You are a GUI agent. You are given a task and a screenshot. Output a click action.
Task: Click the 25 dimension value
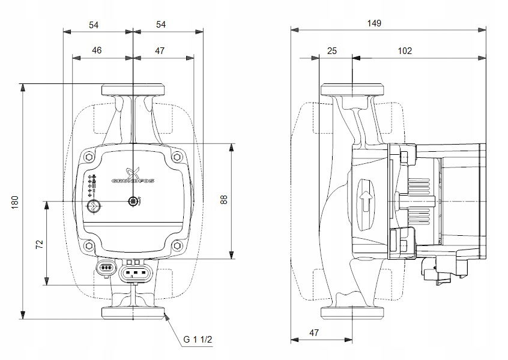[x=332, y=51]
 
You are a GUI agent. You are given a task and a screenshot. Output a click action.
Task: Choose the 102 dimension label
[x=405, y=51]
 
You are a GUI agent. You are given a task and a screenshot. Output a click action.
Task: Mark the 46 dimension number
[x=97, y=51]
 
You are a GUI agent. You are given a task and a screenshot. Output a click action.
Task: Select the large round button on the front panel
[x=93, y=207]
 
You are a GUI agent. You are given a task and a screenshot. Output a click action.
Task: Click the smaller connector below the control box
[x=106, y=267]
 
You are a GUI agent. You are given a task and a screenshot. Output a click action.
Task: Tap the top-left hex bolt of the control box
[x=89, y=157]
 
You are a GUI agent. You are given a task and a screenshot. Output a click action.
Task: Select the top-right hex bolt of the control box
[x=177, y=157]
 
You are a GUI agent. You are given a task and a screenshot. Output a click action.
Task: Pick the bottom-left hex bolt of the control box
[x=89, y=246]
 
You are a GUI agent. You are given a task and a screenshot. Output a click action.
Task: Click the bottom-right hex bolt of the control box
[x=177, y=246]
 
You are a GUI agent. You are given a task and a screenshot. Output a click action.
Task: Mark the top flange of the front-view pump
[x=133, y=90]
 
